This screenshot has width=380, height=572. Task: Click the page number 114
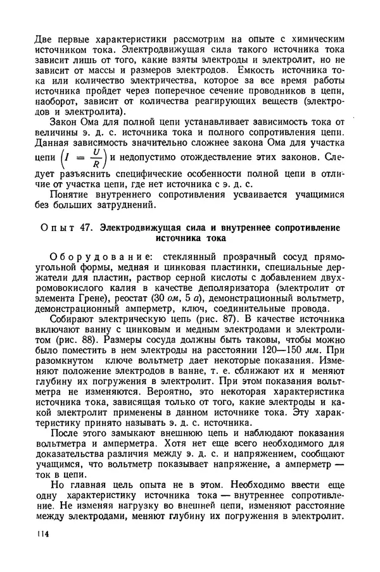(43, 552)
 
